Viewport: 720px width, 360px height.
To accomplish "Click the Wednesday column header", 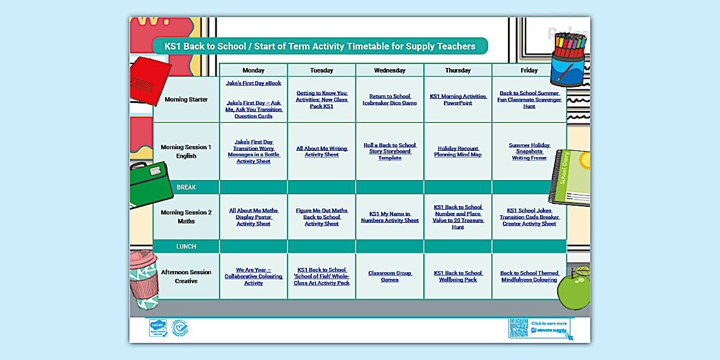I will click(390, 70).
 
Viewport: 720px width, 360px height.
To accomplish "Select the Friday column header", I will click(529, 70).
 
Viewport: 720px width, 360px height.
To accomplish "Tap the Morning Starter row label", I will click(186, 99).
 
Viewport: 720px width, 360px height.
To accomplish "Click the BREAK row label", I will click(186, 187).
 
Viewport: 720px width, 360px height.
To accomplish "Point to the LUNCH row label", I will click(186, 246).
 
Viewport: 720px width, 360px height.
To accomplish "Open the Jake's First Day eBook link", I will click(253, 83).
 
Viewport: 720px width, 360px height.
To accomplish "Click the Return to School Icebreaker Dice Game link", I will click(390, 100).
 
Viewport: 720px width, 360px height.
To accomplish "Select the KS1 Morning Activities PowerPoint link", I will click(458, 100).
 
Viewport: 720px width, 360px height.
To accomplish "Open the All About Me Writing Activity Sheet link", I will click(322, 151).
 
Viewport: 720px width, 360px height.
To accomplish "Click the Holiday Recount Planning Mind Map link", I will click(458, 151).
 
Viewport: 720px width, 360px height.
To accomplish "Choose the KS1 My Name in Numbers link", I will click(390, 217).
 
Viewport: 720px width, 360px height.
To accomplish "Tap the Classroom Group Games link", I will click(390, 277).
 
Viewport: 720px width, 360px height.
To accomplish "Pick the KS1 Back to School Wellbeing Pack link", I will click(458, 277).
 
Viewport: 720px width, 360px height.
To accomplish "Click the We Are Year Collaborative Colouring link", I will click(253, 277).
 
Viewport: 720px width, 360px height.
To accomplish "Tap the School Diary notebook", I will click(570, 177).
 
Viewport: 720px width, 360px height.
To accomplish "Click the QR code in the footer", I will click(518, 328).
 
